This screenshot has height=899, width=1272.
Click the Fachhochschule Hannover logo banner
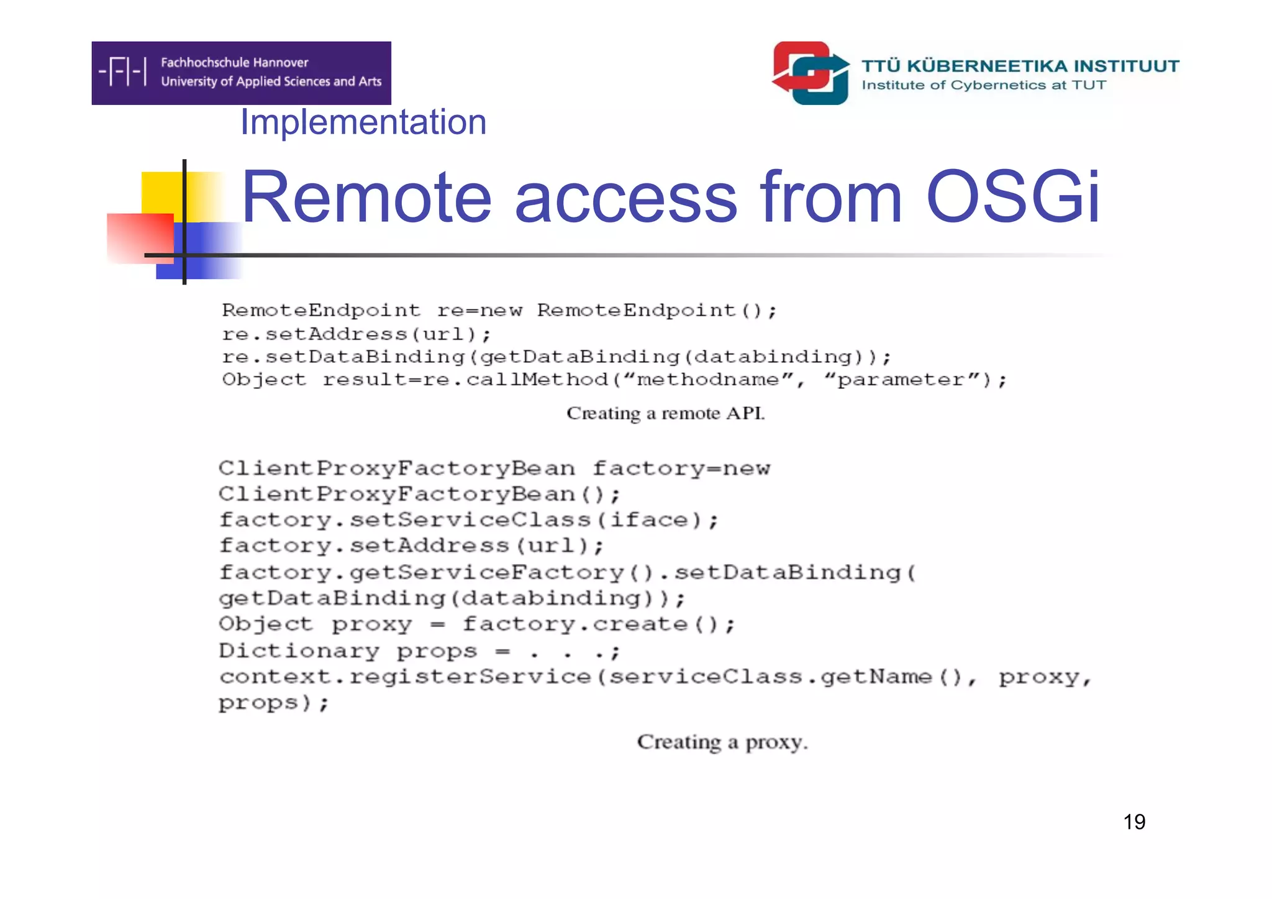pos(241,73)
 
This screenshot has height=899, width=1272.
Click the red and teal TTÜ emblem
pos(811,73)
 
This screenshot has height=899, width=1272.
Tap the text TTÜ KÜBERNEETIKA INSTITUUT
pos(1020,66)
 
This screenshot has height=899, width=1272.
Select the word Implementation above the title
pos(363,122)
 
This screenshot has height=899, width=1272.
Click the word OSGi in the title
pos(1012,198)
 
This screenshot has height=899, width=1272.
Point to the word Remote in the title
pos(366,198)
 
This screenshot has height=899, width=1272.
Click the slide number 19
pos(1134,822)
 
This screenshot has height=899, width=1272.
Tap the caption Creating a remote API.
pos(665,413)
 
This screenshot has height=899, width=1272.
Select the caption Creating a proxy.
pos(722,742)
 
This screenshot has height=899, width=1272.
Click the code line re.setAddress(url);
pos(357,334)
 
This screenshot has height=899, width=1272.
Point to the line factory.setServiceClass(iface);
pos(468,520)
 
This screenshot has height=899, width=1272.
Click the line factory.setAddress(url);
pos(411,546)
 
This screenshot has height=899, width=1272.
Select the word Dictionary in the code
pos(299,650)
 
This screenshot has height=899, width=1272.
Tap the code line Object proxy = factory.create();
pos(476,624)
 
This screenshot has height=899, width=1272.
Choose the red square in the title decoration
pos(139,237)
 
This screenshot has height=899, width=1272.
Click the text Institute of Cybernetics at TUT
pos(984,85)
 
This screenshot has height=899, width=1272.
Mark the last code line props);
pos(273,703)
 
